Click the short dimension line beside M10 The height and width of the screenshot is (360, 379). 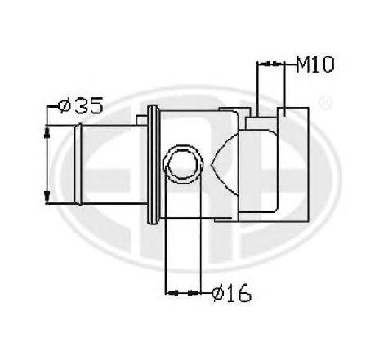point(274,64)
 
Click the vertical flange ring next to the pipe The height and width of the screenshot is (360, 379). point(151,166)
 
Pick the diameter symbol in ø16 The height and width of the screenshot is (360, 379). point(215,291)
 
